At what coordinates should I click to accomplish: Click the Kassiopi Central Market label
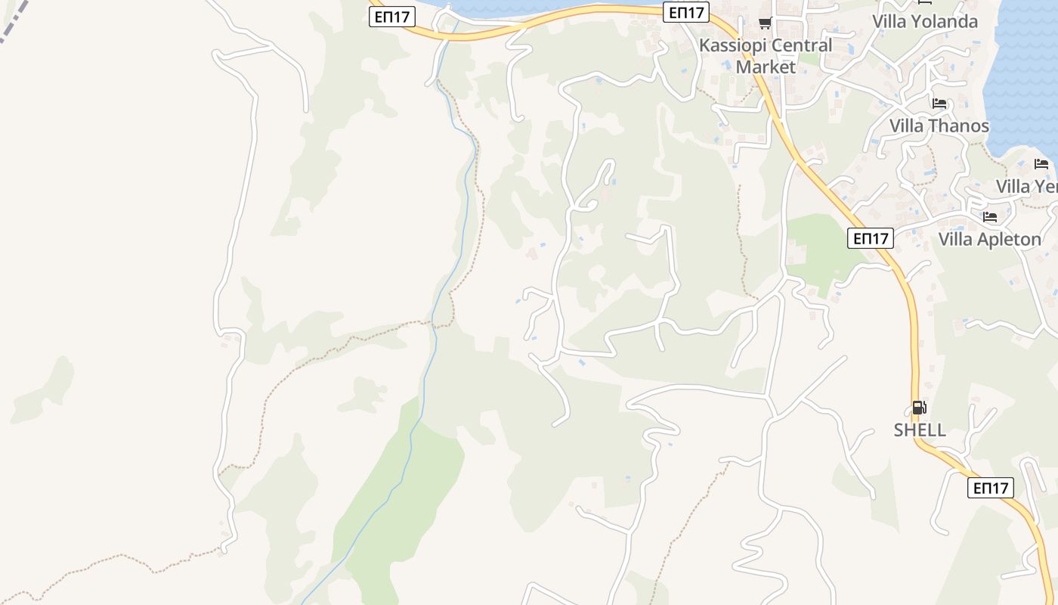(766, 55)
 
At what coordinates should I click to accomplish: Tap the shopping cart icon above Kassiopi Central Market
(765, 23)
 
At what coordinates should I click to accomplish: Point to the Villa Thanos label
(939, 126)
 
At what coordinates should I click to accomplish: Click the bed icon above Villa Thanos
(939, 104)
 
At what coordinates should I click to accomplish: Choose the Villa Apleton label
(989, 239)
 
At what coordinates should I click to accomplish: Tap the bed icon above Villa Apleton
(990, 217)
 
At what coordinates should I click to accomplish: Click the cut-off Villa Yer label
(1026, 186)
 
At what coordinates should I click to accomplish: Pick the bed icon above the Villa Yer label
(1041, 164)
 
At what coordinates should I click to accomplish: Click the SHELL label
(920, 430)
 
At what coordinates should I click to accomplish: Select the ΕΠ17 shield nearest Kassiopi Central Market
(686, 12)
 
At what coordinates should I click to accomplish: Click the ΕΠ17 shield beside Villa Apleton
(870, 238)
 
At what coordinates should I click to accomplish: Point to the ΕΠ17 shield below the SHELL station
(990, 488)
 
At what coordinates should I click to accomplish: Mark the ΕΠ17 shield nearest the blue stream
(391, 17)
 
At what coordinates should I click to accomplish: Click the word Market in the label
(766, 67)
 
